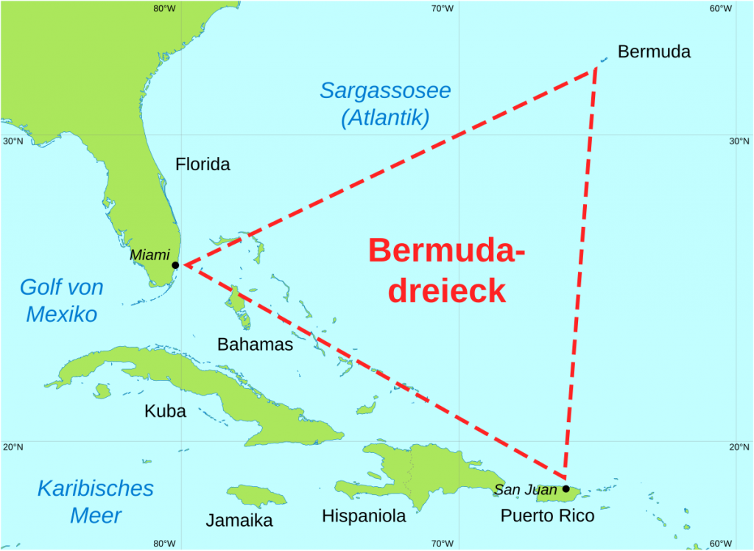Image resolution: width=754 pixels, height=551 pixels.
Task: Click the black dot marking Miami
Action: coord(175,265)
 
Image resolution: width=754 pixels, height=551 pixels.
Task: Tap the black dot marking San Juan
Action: coord(565,488)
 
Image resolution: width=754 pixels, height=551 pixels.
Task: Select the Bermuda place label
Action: coord(654,52)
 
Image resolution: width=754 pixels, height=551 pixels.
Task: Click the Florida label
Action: coord(202,164)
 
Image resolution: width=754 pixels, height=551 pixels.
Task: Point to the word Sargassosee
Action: coord(385,91)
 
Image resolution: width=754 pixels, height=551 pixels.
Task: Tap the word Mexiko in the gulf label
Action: coord(62,315)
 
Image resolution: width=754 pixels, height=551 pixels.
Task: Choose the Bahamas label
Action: coord(255,344)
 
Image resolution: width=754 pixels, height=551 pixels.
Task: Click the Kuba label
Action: coord(165,411)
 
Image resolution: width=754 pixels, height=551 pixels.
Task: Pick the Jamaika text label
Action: coord(239,521)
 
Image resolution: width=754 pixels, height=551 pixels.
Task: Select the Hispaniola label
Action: coord(365,516)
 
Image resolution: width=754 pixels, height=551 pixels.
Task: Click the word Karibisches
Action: coord(96,488)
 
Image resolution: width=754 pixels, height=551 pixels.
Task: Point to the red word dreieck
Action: coord(447,291)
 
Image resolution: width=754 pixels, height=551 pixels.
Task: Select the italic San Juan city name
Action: coord(526,489)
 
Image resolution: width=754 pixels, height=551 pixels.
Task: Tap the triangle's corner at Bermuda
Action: coord(596,69)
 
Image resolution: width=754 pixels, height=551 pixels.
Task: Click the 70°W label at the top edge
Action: coord(442,9)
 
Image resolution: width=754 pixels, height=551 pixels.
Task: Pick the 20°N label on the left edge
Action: coord(13,446)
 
